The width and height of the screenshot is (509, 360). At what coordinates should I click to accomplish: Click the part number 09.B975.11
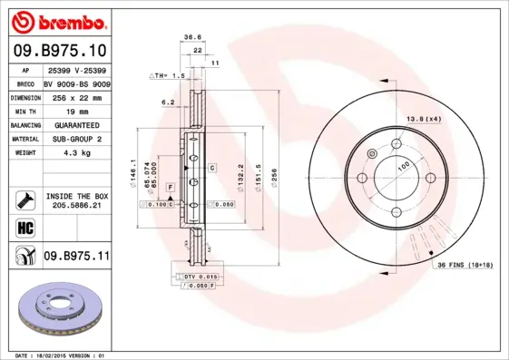coord(76,257)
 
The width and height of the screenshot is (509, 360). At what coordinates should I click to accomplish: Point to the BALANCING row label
coord(24,125)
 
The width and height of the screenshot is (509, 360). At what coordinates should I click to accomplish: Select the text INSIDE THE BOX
coord(76,196)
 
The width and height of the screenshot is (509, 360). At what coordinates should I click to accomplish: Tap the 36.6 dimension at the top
coord(192,37)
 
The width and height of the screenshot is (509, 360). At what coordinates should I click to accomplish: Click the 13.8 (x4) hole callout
coord(423,119)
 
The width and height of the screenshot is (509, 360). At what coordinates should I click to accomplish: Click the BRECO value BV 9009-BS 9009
coord(76,83)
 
